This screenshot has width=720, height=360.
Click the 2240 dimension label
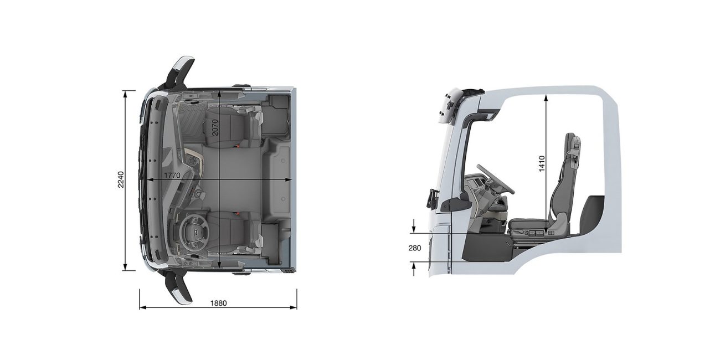tap(121, 180)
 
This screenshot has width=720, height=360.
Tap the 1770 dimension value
tap(172, 176)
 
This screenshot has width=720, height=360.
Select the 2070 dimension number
tap(215, 127)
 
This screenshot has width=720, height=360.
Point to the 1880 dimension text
tap(219, 303)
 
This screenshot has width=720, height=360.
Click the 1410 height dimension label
tap(542, 163)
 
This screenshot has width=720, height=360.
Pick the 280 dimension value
tap(415, 248)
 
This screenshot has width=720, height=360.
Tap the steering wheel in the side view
tap(495, 179)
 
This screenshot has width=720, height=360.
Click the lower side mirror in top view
tap(179, 287)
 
